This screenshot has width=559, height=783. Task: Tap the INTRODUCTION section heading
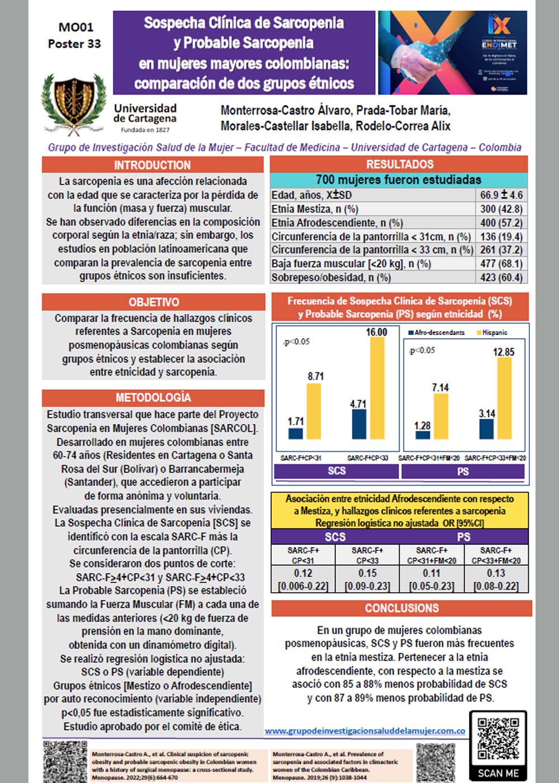(152, 165)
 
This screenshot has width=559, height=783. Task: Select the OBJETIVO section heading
(154, 302)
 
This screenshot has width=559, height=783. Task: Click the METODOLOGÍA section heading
(153, 398)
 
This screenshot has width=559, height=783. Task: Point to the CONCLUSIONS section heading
(401, 608)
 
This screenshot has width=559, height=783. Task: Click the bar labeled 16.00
(377, 388)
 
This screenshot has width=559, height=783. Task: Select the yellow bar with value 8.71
(314, 411)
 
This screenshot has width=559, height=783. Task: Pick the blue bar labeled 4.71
(359, 424)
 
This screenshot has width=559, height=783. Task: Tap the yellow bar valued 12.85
(504, 398)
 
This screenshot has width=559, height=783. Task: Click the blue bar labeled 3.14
(487, 429)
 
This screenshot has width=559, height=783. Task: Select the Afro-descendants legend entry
(437, 333)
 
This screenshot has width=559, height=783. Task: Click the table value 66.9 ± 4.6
(501, 195)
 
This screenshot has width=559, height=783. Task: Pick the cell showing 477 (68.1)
(501, 263)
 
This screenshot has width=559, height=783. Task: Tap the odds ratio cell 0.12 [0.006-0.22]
(303, 579)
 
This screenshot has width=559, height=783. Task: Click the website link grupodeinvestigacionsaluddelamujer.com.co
(364, 730)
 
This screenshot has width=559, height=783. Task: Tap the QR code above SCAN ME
(498, 738)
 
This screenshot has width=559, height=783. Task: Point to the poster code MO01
(76, 27)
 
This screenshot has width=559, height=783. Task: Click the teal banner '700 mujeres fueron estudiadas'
(398, 180)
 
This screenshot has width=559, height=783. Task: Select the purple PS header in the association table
(463, 537)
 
